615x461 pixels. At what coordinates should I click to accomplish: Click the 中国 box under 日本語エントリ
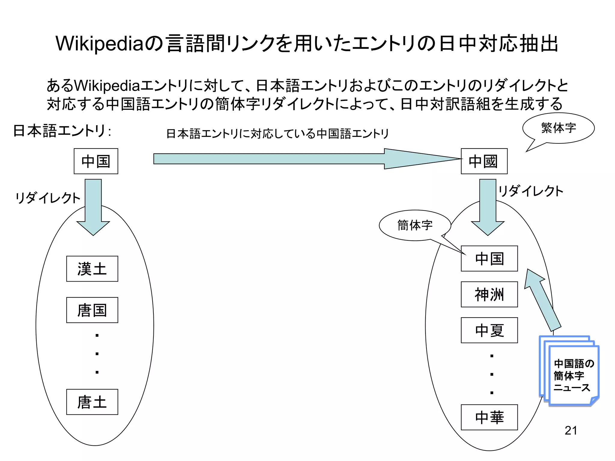(x=96, y=161)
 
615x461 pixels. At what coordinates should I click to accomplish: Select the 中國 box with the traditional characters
(x=484, y=161)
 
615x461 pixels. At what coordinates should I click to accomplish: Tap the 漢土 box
(x=92, y=269)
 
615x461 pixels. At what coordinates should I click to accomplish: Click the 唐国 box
(x=92, y=310)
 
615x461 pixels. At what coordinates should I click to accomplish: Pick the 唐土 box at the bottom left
(x=92, y=402)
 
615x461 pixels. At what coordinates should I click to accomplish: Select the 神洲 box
(x=489, y=294)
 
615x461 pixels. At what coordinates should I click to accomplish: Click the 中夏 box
(x=489, y=330)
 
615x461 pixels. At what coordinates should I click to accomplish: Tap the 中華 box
(x=489, y=417)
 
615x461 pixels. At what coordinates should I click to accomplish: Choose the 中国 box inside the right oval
(x=489, y=258)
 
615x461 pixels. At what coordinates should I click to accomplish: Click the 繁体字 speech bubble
(x=559, y=128)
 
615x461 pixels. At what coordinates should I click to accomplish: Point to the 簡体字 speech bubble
(x=415, y=225)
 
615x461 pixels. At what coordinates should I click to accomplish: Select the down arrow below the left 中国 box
(x=93, y=207)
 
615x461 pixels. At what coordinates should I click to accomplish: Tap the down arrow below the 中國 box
(x=488, y=207)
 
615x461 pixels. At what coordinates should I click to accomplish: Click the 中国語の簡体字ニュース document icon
(x=572, y=375)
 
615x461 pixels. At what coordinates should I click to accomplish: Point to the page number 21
(x=571, y=430)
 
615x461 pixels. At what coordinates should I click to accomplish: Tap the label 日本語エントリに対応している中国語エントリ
(x=277, y=134)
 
